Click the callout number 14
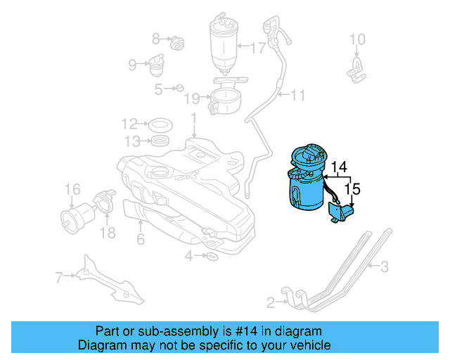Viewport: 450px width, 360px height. click(x=339, y=167)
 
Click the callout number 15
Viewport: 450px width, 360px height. click(x=354, y=188)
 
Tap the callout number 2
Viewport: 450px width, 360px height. click(x=271, y=303)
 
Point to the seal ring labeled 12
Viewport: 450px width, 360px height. click(x=161, y=125)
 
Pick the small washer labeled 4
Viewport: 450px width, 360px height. click(x=212, y=255)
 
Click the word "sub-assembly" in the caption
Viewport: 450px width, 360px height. click(x=191, y=331)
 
